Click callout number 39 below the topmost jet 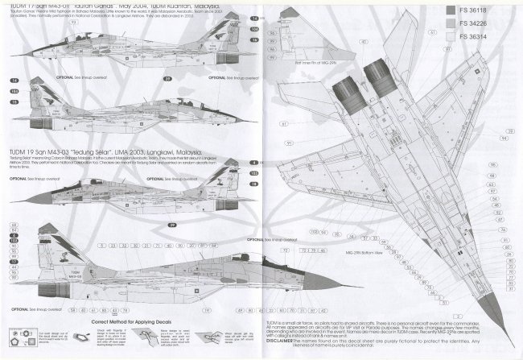[x=167, y=78]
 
